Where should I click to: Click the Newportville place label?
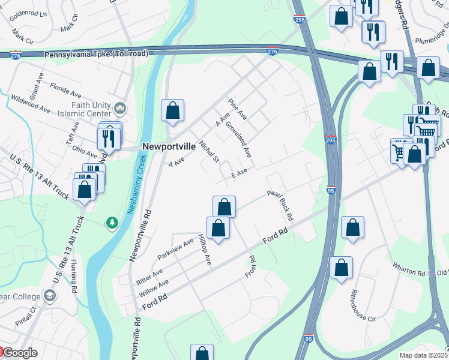point(169,146)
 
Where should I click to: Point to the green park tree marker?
point(112,223)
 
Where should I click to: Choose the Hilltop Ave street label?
point(205,250)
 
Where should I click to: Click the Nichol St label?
point(211,151)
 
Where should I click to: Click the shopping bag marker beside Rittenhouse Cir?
point(340,269)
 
